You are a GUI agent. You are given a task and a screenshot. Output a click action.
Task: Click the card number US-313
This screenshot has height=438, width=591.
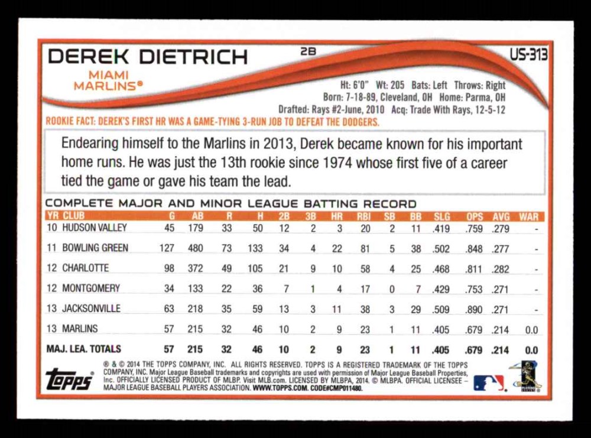(x=528, y=55)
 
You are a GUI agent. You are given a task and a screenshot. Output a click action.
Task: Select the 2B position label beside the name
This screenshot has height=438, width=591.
(x=309, y=51)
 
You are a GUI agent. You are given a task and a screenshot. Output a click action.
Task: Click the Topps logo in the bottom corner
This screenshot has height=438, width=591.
(x=69, y=379)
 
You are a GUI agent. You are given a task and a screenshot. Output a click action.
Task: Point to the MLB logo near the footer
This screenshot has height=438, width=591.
(x=489, y=383)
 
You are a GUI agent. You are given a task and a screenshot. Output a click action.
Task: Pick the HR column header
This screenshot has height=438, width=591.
(x=337, y=217)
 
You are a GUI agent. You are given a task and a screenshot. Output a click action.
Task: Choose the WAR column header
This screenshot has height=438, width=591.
(x=528, y=217)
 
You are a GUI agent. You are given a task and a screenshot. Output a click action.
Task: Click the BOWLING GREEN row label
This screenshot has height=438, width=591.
(x=95, y=248)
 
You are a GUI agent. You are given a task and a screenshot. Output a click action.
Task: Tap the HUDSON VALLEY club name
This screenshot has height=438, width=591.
(x=95, y=228)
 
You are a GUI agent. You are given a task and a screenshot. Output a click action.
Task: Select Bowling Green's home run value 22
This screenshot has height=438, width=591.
(x=337, y=248)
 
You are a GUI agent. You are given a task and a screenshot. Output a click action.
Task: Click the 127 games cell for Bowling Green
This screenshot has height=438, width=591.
(x=167, y=248)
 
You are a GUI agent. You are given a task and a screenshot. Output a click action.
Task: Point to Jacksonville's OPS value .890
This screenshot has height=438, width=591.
(x=474, y=309)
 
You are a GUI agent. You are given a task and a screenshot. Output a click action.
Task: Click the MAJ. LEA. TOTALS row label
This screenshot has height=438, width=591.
(x=83, y=349)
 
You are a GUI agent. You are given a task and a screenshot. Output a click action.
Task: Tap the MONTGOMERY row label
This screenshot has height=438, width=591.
(x=91, y=288)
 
